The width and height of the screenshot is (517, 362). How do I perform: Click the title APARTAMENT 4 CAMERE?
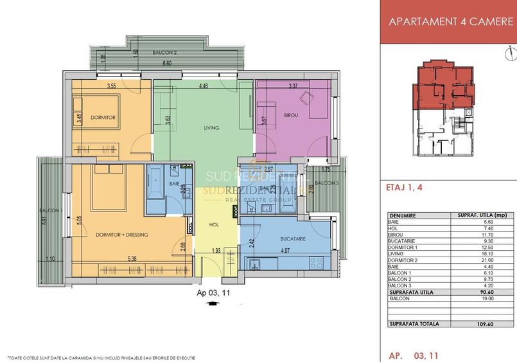(448, 21)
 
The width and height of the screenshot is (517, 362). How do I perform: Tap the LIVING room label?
(211, 128)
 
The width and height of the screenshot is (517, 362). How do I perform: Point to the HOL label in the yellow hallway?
(214, 224)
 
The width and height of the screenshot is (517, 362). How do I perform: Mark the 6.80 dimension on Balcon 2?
(167, 64)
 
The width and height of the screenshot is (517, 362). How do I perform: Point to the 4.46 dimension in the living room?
(204, 86)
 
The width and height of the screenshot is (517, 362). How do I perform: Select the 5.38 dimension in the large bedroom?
(131, 259)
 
